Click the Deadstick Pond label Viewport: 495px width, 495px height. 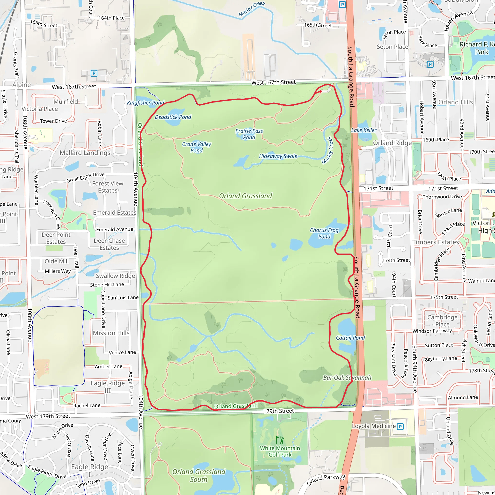point(173,117)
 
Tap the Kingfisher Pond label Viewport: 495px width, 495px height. point(146,103)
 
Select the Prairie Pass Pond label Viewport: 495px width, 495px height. point(249,134)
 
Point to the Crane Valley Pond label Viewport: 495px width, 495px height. point(197,147)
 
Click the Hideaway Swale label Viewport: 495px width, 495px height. point(278,156)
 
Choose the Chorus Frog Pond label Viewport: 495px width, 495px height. point(324,233)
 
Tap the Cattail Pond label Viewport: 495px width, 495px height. point(350,338)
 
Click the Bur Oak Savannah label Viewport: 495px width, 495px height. point(347,378)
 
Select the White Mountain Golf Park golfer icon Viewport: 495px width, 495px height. point(280,440)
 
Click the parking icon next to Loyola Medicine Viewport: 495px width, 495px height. point(400,427)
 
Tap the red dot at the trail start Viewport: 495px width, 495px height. point(320,91)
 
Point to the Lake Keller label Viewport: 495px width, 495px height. point(364,130)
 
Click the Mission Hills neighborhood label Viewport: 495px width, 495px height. point(111,333)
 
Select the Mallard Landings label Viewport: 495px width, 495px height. point(85,153)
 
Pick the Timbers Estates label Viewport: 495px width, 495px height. point(435,242)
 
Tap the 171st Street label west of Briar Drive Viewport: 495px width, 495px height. point(378,188)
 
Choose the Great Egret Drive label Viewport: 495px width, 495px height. point(85,178)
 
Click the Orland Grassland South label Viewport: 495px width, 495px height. point(199,475)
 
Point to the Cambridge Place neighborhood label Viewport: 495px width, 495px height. point(442,321)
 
